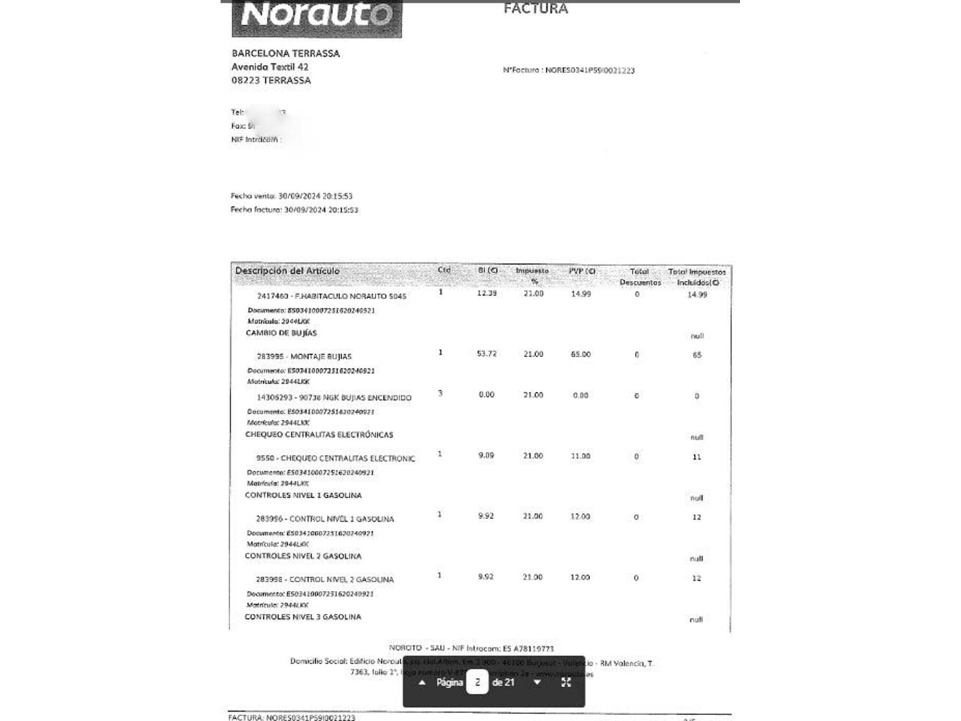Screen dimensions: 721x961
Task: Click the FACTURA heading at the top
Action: click(x=535, y=9)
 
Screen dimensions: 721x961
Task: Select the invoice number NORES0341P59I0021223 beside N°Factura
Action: click(x=590, y=71)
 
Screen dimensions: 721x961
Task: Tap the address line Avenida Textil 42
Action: click(x=270, y=67)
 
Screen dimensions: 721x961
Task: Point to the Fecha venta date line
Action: click(x=291, y=196)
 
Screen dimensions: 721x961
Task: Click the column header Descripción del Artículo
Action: click(x=287, y=271)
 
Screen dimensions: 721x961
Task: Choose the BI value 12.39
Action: click(x=487, y=293)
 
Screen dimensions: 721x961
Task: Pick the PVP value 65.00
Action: click(x=580, y=354)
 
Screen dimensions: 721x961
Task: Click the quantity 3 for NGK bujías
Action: click(x=440, y=394)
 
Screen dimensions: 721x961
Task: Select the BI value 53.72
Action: click(x=486, y=354)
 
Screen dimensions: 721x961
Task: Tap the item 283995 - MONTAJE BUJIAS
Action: click(x=304, y=356)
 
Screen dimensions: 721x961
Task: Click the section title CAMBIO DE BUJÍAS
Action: click(x=281, y=333)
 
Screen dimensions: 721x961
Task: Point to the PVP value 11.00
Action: click(x=580, y=456)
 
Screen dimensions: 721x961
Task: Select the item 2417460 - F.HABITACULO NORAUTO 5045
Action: click(x=332, y=296)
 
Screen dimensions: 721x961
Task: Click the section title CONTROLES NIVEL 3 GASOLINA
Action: click(x=303, y=617)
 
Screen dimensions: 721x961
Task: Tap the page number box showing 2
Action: click(x=477, y=683)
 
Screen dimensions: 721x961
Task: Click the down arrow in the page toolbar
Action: click(x=537, y=683)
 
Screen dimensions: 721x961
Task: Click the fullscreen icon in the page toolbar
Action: click(x=566, y=683)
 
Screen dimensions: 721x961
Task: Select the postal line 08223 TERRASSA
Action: click(x=271, y=80)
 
